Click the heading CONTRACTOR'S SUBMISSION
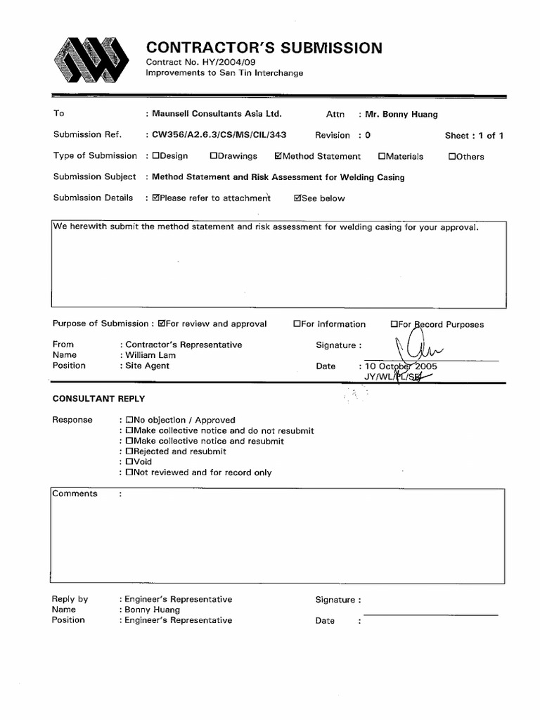(264, 48)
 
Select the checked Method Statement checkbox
(279, 156)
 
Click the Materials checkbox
(382, 156)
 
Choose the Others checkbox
(452, 156)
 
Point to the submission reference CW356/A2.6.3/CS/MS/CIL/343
(219, 135)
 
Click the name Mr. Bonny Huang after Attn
(401, 114)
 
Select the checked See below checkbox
(298, 198)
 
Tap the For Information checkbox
(297, 324)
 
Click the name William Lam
(150, 355)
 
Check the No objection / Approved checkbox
(129, 420)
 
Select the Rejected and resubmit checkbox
(129, 451)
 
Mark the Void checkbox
(129, 462)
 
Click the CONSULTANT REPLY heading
(98, 399)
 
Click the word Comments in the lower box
(75, 494)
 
